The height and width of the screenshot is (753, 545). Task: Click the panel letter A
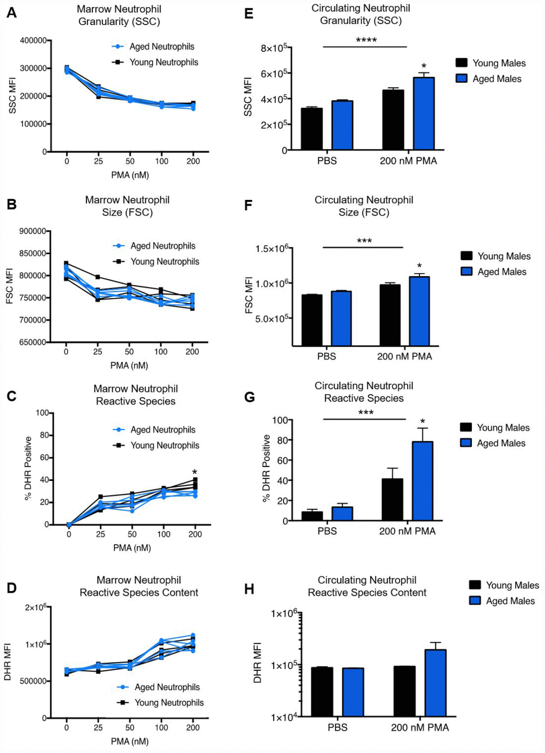[x=11, y=12]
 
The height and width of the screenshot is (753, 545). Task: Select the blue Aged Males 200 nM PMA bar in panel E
[x=424, y=113]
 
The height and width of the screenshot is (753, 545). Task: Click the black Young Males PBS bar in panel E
[x=312, y=129]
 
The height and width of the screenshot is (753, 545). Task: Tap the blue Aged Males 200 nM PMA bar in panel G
[x=423, y=481]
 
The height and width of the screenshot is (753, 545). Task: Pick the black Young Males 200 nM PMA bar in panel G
[x=392, y=500]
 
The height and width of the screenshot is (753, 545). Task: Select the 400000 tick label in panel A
[x=33, y=41]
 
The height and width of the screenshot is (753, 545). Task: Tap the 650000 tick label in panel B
[x=32, y=342]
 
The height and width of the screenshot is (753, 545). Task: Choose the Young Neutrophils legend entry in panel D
[x=161, y=703]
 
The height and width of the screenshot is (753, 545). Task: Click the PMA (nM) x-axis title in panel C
[x=132, y=548]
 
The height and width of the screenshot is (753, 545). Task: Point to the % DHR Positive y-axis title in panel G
[x=266, y=468]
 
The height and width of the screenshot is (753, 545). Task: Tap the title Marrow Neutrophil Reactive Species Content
[x=139, y=586]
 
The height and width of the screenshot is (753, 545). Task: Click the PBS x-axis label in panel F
[x=326, y=356]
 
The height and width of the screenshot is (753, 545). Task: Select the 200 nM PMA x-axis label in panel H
[x=419, y=727]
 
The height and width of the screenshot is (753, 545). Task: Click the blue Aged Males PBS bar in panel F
[x=341, y=319]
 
